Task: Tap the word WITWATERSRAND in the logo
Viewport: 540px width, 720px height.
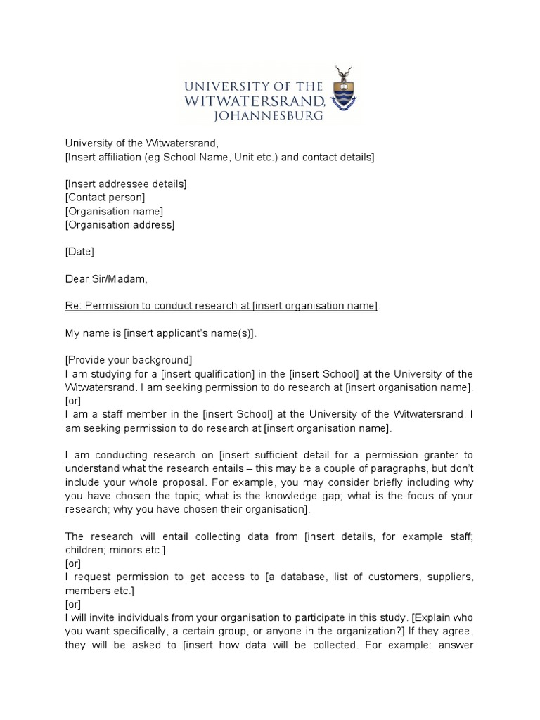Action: point(253,101)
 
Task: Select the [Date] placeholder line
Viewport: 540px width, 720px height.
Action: point(79,252)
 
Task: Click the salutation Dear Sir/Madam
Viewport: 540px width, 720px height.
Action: point(106,279)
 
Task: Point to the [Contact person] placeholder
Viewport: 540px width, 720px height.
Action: point(105,198)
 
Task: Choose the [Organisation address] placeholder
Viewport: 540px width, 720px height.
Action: point(120,225)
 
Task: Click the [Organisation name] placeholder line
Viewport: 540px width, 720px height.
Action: point(114,212)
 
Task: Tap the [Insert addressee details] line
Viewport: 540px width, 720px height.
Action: point(126,184)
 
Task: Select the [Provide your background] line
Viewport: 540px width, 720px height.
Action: point(129,360)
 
